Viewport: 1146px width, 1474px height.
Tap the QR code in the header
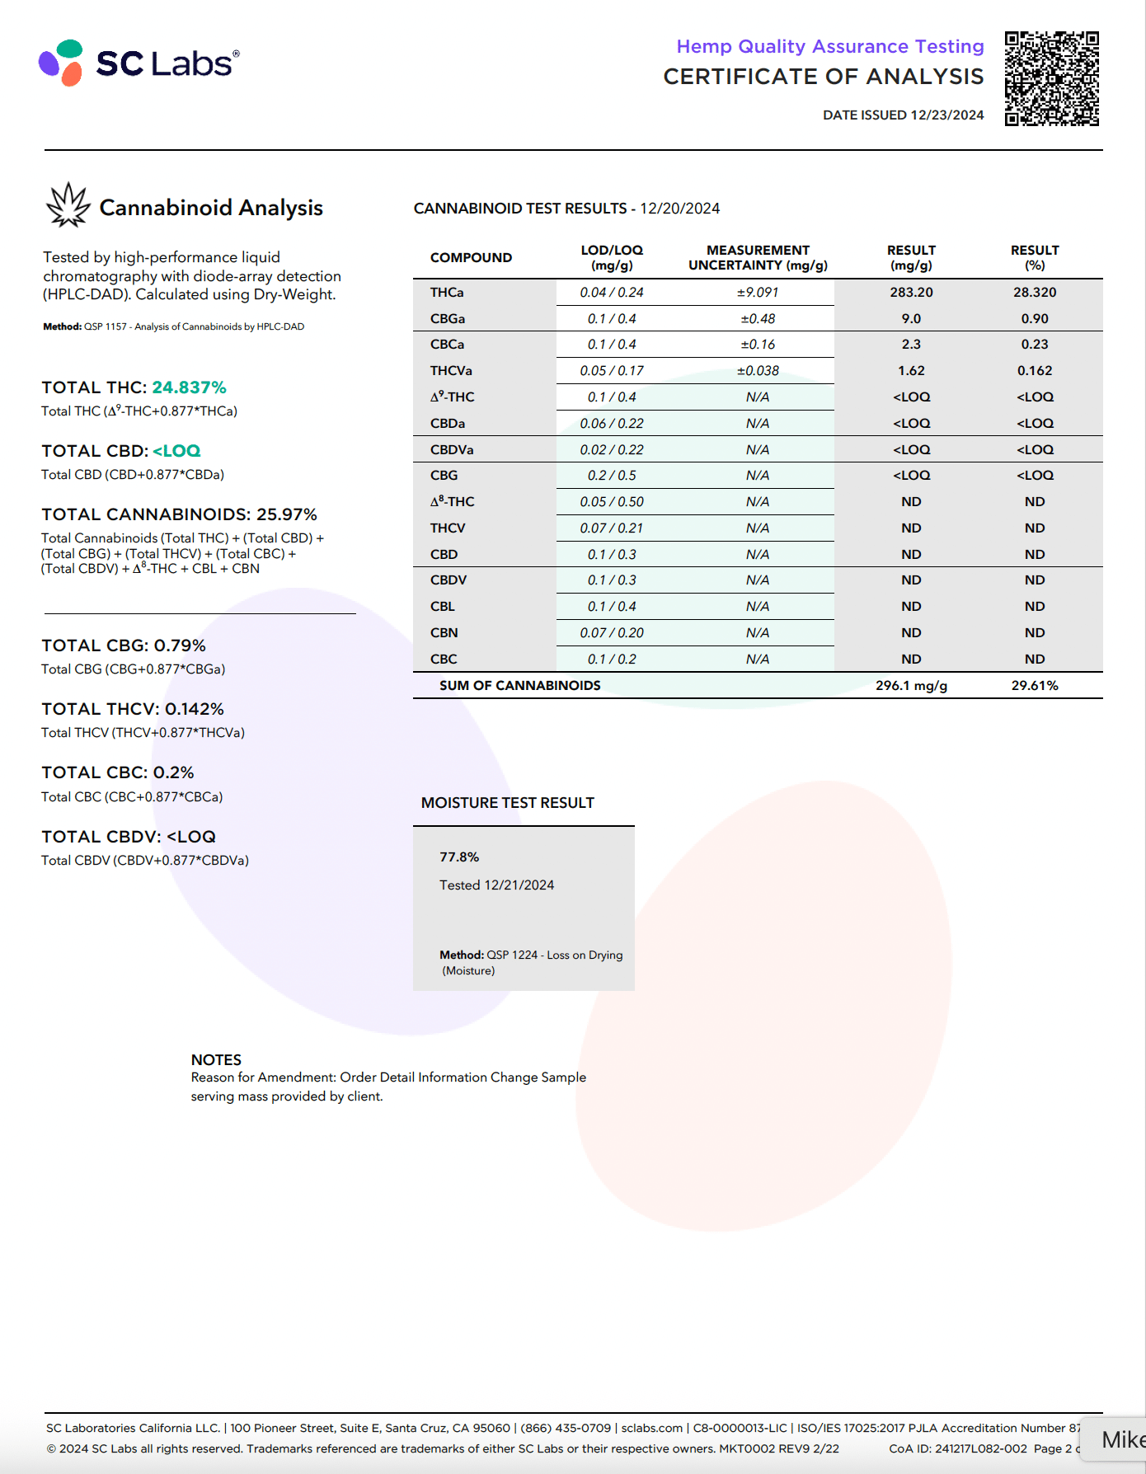1051,78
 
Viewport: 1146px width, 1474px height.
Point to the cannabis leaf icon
68,205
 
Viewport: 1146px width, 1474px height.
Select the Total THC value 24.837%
189,387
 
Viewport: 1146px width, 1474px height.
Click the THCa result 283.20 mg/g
911,293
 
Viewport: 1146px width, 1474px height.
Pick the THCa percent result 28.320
1035,293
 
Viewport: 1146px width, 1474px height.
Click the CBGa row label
448,319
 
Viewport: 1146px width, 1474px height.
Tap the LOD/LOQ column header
612,257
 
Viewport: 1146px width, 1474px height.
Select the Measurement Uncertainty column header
758,257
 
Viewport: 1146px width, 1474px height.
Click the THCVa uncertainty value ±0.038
758,371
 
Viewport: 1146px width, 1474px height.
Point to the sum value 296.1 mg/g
911,686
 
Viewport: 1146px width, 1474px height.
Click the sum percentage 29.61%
1035,686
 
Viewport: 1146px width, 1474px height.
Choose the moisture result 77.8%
459,857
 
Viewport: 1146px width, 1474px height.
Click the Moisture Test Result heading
508,803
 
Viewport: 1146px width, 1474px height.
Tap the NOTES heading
216,1060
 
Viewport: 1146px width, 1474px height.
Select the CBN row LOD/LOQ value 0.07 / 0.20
612,633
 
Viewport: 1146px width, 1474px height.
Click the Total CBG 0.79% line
124,645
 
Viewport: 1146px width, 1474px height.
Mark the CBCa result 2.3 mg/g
911,345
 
